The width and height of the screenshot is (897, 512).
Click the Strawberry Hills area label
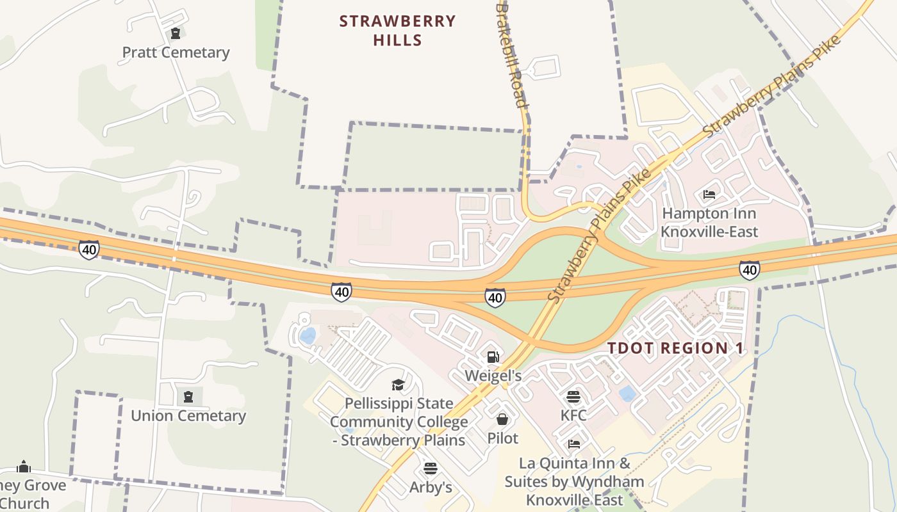(x=397, y=31)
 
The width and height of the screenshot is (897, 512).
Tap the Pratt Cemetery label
(x=176, y=52)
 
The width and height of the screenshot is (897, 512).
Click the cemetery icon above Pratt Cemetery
(x=175, y=33)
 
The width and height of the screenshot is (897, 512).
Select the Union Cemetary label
(x=188, y=416)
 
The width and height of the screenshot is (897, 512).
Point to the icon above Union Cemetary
(x=188, y=397)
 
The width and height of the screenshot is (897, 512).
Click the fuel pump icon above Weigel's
(x=493, y=356)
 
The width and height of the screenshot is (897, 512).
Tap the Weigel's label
(x=493, y=376)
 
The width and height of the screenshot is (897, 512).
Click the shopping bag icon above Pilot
(x=502, y=419)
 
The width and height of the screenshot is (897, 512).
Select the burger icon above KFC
(x=573, y=397)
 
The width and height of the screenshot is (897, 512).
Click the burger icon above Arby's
(x=430, y=468)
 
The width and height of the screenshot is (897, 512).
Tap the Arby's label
(x=431, y=488)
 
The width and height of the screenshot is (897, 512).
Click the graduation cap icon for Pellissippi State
(x=399, y=385)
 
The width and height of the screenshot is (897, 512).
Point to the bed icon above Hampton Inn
(x=709, y=194)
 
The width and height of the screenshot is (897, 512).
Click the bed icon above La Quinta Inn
(x=574, y=444)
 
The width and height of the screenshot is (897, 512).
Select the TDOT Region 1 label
(x=675, y=349)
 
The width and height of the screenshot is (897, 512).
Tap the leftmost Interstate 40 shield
(x=89, y=250)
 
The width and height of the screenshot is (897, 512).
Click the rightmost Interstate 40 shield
(x=749, y=270)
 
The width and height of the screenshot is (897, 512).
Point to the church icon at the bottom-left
(x=24, y=467)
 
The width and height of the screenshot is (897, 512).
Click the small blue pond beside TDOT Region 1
(x=628, y=393)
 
